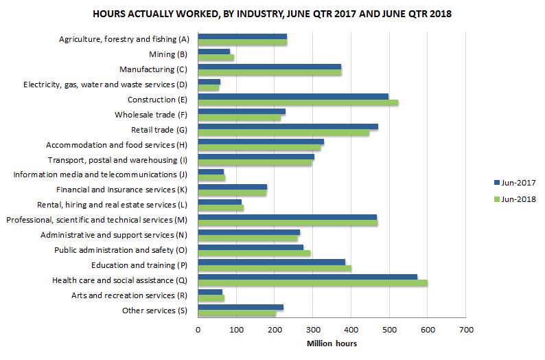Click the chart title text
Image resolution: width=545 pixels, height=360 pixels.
(272, 14)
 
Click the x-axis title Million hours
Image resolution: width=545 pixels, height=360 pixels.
(332, 344)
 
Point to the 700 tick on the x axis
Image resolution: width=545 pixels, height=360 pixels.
(466, 330)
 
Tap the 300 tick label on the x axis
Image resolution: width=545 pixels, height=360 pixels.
(313, 330)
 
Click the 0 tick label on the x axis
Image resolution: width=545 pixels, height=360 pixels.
(198, 330)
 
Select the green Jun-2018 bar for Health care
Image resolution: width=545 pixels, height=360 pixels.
(312, 283)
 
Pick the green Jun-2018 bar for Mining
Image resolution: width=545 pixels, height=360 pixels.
(216, 58)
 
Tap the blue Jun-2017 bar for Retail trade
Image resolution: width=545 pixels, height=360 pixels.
(288, 126)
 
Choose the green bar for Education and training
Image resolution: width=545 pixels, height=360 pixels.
(275, 268)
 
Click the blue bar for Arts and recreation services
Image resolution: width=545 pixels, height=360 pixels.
(210, 292)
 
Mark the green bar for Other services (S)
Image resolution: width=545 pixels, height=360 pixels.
(237, 313)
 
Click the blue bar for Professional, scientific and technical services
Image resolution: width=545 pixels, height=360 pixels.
(287, 216)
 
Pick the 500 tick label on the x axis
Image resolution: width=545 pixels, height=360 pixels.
(389, 330)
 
